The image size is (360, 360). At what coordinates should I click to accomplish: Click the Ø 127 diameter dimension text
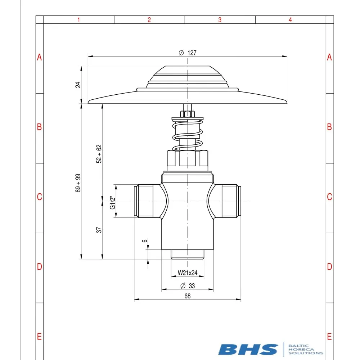click(188, 53)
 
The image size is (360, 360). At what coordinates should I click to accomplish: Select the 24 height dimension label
click(78, 85)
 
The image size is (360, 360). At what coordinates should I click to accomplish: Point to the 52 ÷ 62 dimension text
click(99, 154)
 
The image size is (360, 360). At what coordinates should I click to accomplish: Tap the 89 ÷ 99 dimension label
click(78, 183)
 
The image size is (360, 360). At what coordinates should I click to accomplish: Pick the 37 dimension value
click(99, 230)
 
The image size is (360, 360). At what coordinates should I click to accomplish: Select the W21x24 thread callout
click(188, 273)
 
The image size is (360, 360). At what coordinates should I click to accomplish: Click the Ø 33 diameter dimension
click(187, 286)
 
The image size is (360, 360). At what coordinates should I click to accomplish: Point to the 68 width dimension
click(187, 296)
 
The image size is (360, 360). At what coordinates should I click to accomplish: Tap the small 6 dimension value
click(144, 241)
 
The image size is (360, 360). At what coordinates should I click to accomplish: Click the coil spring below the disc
click(187, 137)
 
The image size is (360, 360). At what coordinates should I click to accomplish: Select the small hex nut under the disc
click(187, 114)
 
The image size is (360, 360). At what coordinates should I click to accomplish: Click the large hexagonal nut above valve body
click(187, 158)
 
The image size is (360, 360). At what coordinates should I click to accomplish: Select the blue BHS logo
click(248, 349)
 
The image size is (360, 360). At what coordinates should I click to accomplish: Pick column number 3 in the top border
click(220, 20)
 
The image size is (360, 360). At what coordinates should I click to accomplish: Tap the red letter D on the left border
click(40, 267)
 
